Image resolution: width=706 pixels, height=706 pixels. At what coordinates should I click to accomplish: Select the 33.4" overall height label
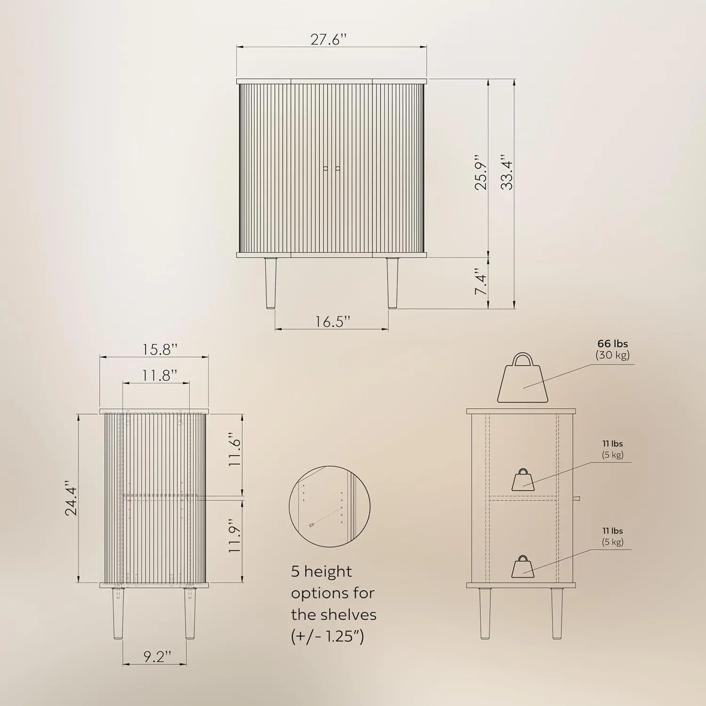tap(507, 172)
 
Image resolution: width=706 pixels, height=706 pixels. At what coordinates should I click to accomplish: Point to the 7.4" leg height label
tap(481, 282)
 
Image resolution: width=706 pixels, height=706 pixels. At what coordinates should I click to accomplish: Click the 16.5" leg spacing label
tap(333, 321)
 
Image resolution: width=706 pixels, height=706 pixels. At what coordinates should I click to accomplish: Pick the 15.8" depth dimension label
tap(160, 350)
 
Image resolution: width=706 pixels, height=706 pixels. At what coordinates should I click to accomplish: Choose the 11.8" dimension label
tap(160, 375)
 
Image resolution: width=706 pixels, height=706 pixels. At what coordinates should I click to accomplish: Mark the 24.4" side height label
tap(71, 498)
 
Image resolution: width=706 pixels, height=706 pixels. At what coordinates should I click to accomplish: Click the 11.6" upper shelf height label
tap(234, 449)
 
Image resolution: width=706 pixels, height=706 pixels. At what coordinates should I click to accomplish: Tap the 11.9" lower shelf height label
tap(234, 536)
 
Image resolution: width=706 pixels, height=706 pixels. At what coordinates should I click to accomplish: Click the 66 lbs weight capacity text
tap(612, 344)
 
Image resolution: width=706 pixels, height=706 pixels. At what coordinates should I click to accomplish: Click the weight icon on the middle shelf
tap(523, 480)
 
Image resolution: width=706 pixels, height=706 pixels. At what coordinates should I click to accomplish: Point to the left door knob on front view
tap(325, 168)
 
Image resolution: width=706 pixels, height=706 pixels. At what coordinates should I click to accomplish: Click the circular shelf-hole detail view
tap(329, 506)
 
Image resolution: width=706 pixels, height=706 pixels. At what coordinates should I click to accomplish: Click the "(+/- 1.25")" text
tap(328, 636)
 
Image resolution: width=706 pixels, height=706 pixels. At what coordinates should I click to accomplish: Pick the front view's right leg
tap(392, 283)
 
